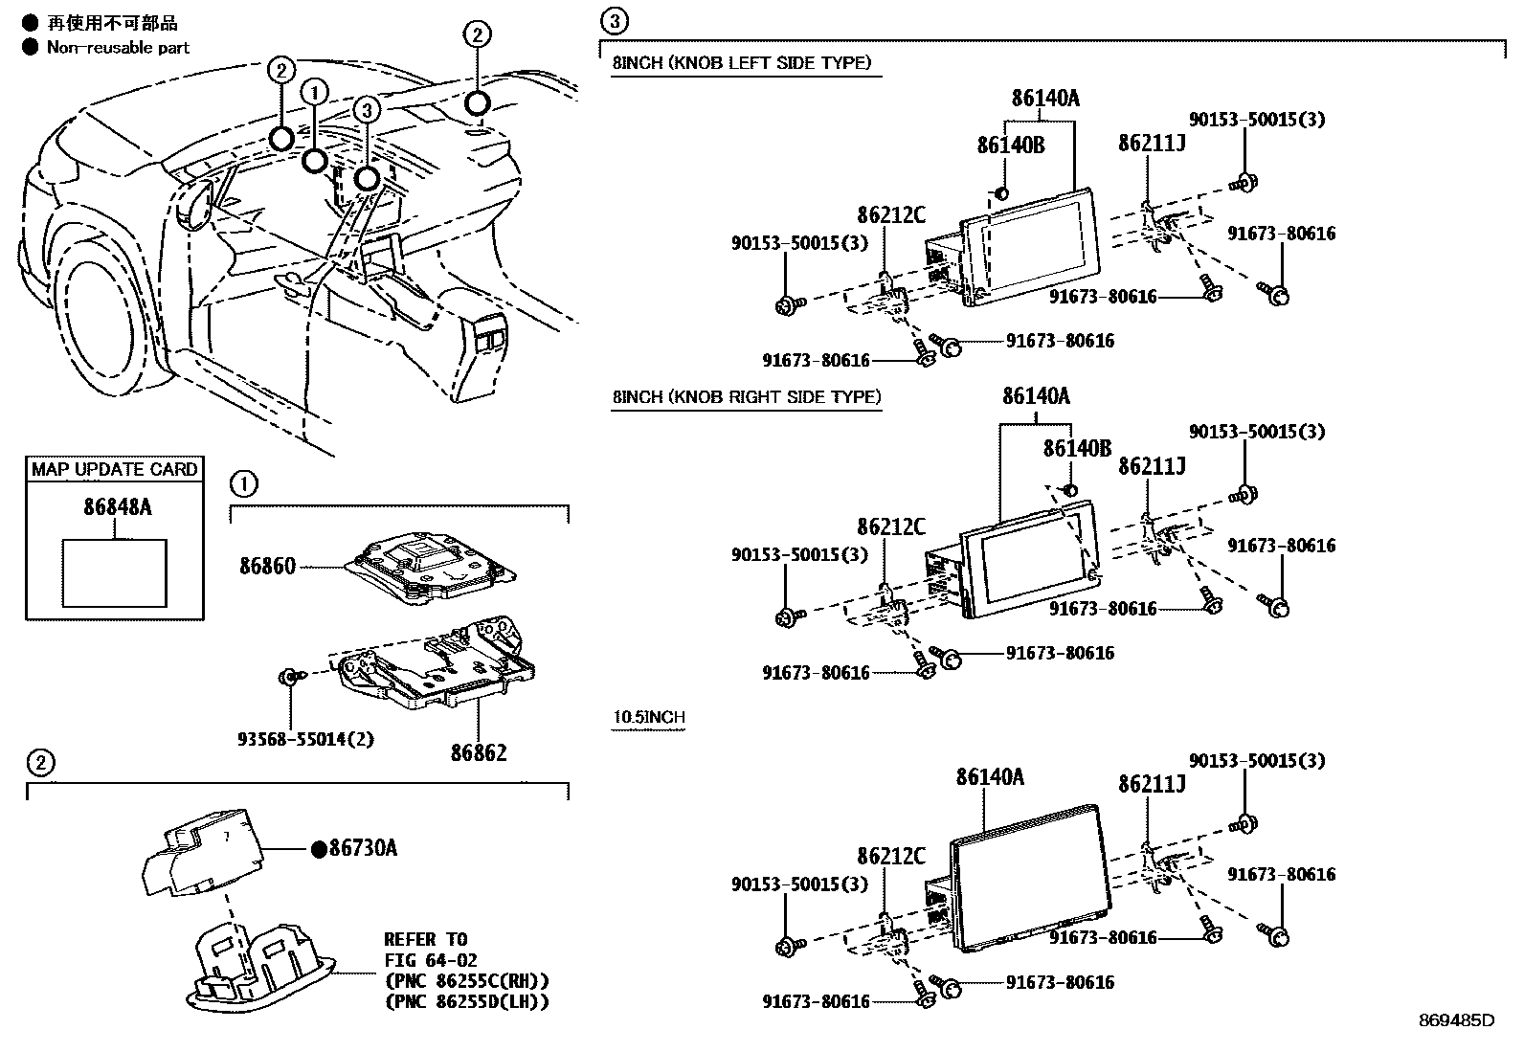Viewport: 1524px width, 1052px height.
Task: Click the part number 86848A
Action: (117, 507)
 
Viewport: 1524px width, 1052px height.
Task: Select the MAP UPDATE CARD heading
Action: (114, 469)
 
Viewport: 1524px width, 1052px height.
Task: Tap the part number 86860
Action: (267, 567)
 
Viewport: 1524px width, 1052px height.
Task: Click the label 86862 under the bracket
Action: (479, 752)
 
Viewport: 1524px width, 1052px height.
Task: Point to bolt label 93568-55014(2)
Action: (304, 740)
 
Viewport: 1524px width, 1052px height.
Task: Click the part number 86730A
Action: (362, 848)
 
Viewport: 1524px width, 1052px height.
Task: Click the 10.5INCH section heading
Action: (648, 717)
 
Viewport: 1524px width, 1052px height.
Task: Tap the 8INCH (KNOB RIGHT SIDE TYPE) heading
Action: (746, 396)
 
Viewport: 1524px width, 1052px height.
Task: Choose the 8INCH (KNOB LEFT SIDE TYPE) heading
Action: (741, 63)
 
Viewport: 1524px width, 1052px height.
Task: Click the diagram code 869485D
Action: (1455, 1020)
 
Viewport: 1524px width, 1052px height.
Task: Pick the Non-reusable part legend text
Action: (118, 47)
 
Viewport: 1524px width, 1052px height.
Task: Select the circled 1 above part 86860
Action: (244, 484)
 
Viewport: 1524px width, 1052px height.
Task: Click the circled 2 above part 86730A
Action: (39, 763)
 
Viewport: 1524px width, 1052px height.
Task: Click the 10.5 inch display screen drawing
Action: (1029, 876)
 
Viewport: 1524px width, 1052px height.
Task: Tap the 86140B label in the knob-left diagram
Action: (1010, 145)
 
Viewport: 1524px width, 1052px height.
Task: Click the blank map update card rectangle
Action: (114, 572)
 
